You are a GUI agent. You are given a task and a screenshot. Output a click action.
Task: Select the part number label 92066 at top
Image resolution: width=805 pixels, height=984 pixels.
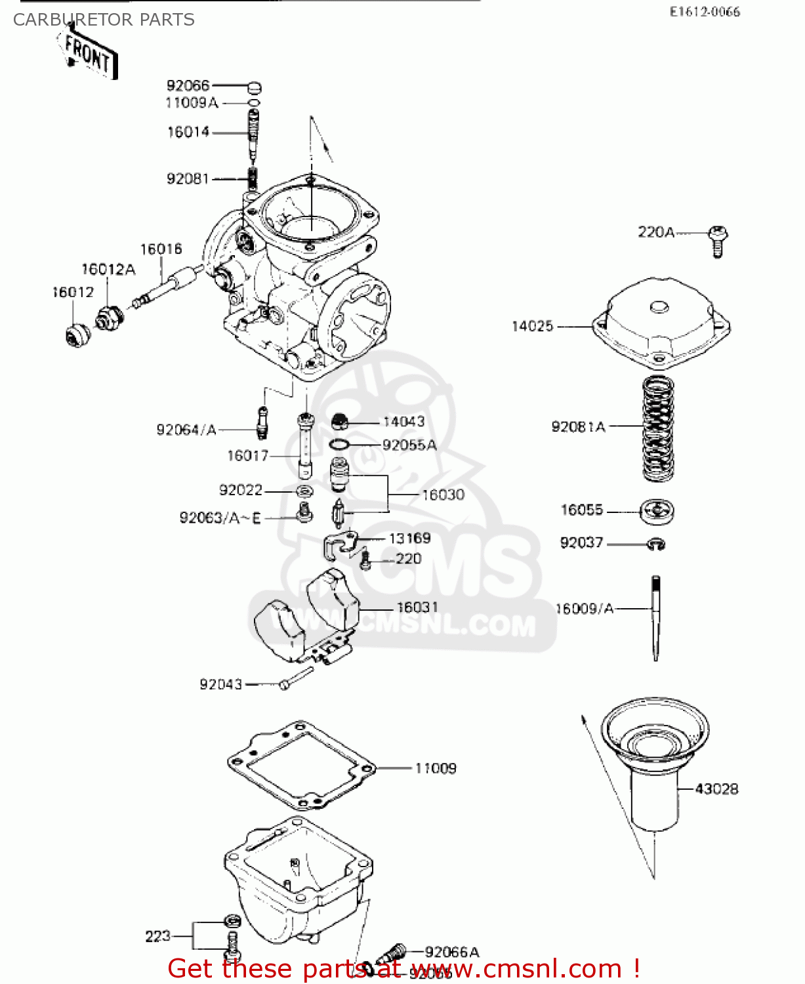click(x=188, y=85)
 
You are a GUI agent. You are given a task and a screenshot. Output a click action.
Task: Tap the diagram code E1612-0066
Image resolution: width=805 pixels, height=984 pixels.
click(x=705, y=12)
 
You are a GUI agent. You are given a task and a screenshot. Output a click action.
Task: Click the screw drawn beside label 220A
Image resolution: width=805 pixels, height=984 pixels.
click(x=718, y=241)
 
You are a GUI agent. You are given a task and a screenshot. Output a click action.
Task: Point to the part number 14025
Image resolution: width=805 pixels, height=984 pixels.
click(x=532, y=326)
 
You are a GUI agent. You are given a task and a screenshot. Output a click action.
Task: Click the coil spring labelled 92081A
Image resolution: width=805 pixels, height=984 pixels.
click(x=658, y=428)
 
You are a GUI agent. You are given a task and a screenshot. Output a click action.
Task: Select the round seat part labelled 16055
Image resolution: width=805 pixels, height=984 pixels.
click(x=657, y=511)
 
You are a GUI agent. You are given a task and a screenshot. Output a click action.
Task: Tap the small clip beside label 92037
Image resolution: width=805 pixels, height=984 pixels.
click(x=657, y=544)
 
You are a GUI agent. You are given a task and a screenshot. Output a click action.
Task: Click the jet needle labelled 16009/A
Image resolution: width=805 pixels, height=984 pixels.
click(x=655, y=617)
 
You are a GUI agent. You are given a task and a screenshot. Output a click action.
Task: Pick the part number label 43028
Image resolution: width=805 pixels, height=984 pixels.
click(x=716, y=789)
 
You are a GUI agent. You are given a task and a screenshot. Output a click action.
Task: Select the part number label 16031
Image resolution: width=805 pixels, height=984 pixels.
click(x=417, y=607)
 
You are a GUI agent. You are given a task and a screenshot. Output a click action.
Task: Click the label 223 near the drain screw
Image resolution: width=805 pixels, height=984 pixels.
click(x=157, y=936)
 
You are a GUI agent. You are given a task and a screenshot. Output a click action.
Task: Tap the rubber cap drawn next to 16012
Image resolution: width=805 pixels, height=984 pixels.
click(x=77, y=335)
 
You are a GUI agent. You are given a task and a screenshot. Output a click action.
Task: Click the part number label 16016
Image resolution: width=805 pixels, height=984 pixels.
click(x=161, y=249)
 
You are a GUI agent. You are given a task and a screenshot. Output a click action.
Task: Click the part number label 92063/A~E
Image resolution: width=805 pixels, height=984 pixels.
click(x=220, y=518)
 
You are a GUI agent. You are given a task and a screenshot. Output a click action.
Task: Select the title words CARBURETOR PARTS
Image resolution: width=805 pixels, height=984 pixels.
click(x=104, y=20)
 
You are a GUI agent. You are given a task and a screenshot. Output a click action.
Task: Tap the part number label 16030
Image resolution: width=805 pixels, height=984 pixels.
click(x=443, y=495)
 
